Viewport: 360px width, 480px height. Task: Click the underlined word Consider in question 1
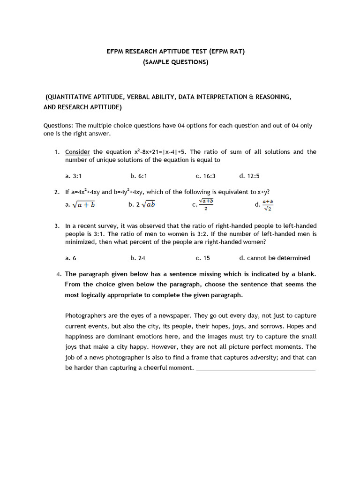77,152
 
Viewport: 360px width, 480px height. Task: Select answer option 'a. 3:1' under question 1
74,176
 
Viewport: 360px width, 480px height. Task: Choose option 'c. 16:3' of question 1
205,176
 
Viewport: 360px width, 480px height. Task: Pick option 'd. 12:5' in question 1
249,176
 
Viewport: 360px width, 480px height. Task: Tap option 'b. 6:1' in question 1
139,176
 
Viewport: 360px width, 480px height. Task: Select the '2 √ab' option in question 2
142,204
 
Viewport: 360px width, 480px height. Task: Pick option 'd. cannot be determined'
275,258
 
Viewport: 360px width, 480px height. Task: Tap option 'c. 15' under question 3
203,258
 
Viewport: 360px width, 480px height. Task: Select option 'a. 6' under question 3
71,258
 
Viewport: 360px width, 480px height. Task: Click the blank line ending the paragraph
256,370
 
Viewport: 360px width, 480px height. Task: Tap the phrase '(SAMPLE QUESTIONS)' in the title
176,62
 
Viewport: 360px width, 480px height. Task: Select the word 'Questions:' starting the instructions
58,126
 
